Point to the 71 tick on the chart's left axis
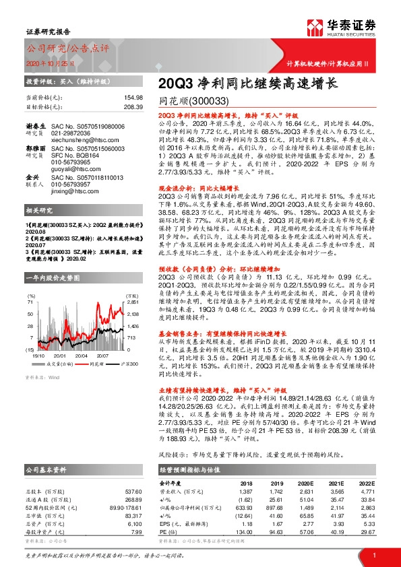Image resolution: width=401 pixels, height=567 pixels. click(31, 283)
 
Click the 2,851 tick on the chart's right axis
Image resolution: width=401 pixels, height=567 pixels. click(133, 283)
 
